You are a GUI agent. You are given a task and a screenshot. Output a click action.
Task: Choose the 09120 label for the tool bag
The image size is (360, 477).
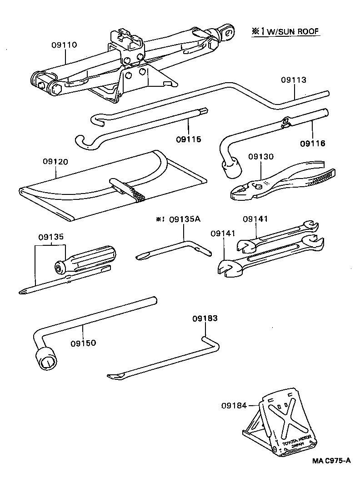tap(56, 161)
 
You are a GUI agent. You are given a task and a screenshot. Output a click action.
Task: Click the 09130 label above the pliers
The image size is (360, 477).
tap(261, 157)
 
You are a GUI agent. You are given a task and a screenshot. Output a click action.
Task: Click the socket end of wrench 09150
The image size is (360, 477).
tap(46, 359)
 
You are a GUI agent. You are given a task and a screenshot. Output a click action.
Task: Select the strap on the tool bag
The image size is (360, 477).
tap(127, 189)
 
